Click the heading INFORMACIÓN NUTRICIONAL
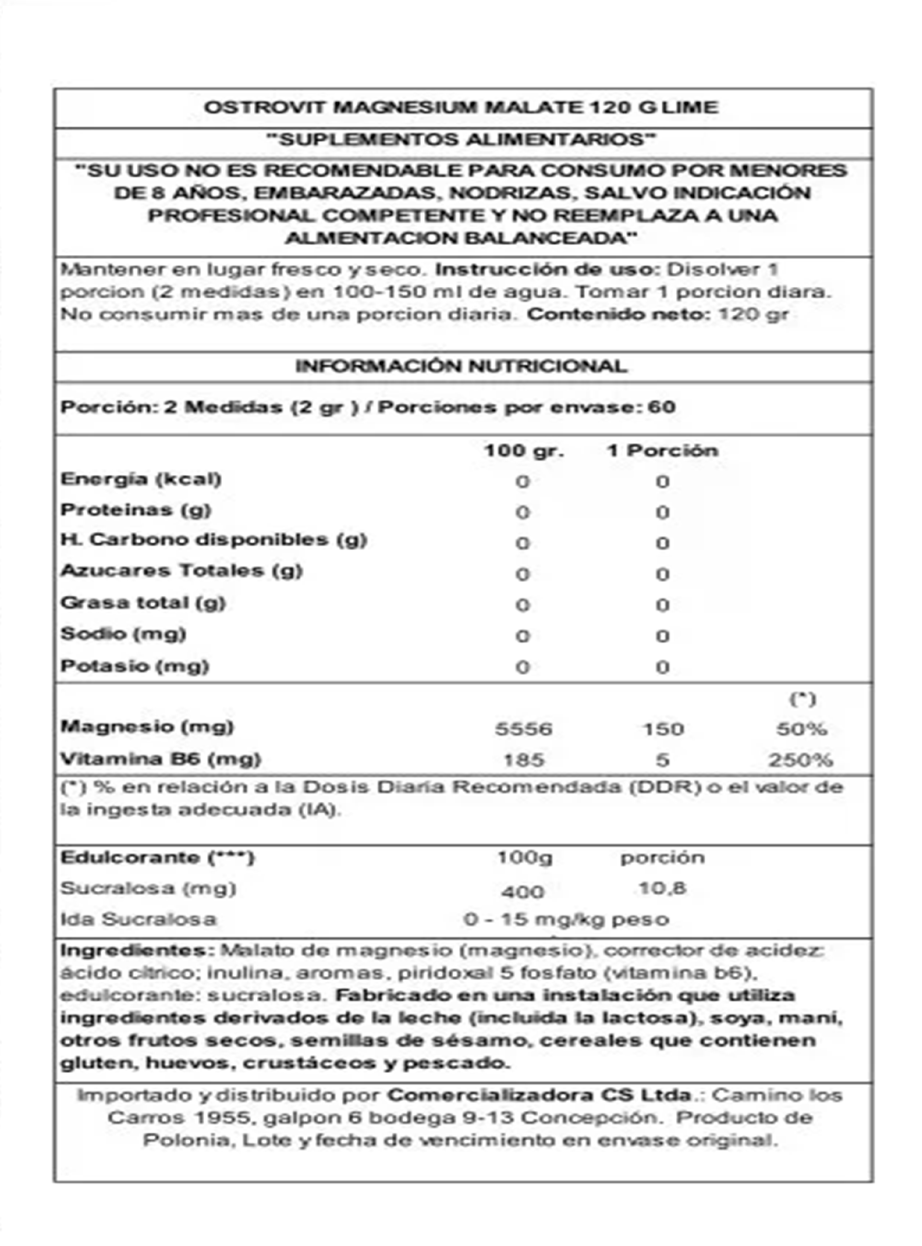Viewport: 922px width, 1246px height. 461,366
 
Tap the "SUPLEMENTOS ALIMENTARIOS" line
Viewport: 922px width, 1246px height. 461,140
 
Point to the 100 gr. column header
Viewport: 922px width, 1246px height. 523,451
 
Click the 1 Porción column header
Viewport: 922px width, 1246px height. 663,451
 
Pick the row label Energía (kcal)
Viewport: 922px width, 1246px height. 141,479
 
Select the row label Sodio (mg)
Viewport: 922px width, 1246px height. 123,634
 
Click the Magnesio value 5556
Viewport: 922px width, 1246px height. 523,729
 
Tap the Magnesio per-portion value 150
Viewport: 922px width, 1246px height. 663,729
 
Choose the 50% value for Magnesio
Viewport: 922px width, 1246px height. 801,729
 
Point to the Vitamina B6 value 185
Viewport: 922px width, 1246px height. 523,759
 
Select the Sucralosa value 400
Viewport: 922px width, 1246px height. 522,892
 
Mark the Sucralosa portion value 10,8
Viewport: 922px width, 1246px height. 663,888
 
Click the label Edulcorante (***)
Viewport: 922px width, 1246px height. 157,858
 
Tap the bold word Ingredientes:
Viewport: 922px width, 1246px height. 137,950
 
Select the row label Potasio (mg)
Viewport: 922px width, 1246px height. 134,666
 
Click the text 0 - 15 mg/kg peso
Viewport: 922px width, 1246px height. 566,919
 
